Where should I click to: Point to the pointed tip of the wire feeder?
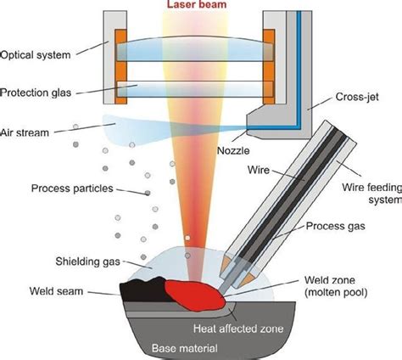click(230, 279)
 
